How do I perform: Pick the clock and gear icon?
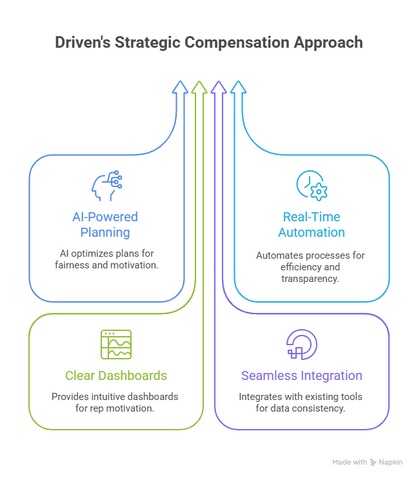[312, 185]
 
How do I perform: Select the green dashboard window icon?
[116, 345]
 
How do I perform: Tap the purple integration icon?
[301, 345]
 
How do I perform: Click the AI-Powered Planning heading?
[104, 224]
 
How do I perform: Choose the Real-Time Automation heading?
[312, 224]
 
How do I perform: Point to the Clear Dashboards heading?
[116, 375]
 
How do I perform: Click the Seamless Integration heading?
[301, 375]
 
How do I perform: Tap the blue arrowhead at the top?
[180, 88]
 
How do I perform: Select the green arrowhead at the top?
[199, 88]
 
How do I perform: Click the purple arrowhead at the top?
[219, 88]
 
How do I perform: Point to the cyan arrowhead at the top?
[238, 88]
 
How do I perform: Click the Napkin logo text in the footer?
[391, 463]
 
